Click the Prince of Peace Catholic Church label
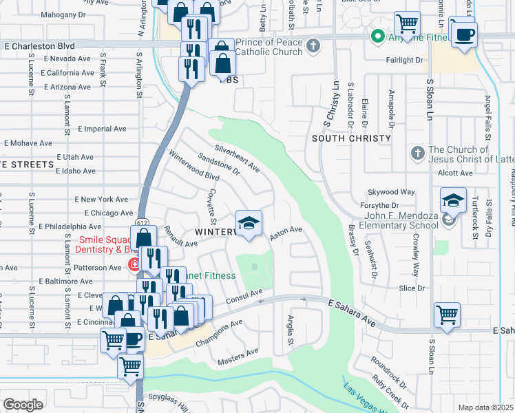coord(269,47)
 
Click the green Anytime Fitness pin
coord(377,36)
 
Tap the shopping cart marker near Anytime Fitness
coord(407,25)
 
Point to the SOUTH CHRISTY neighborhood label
coord(351,138)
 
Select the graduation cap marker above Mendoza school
coord(453,200)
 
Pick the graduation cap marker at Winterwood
coord(249,223)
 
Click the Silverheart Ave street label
coord(237,158)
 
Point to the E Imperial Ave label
coord(102,129)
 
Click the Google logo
coord(23,404)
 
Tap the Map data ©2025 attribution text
coord(485,407)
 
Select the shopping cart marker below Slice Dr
coord(447,315)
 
